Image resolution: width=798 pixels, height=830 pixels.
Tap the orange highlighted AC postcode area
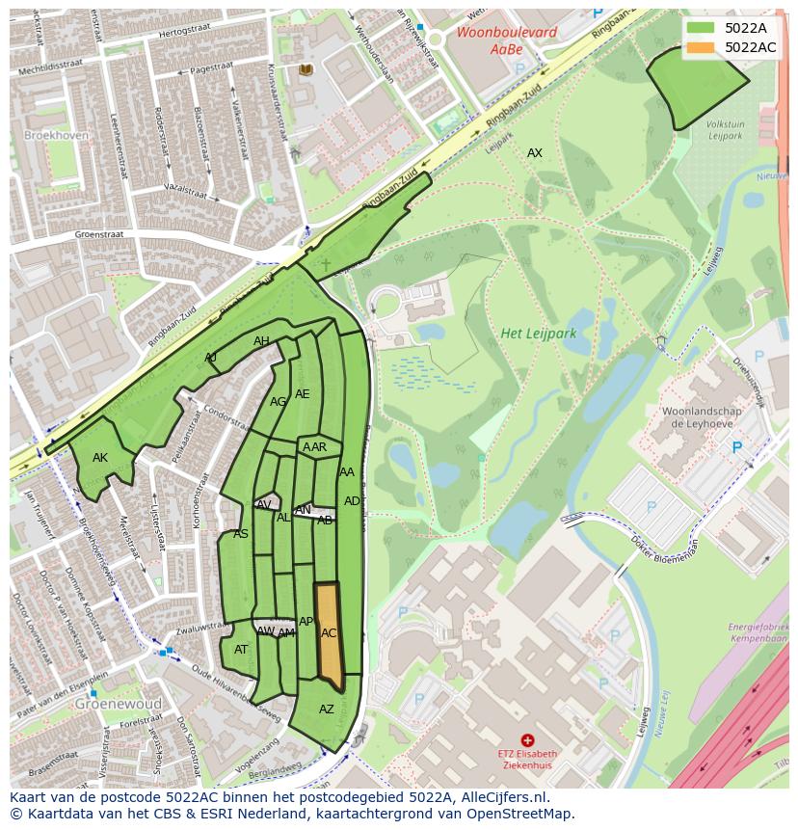tap(330, 635)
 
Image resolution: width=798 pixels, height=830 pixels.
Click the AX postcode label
tap(534, 153)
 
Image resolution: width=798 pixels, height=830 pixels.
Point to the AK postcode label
tap(100, 458)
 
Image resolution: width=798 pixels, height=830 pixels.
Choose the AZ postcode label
tap(327, 710)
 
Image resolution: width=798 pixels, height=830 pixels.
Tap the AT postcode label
tap(241, 650)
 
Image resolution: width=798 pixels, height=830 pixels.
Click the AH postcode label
tap(261, 341)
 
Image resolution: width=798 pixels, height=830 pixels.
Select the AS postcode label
tap(241, 534)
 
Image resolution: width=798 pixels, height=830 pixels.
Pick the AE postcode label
tap(303, 394)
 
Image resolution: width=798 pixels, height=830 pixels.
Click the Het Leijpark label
tap(538, 334)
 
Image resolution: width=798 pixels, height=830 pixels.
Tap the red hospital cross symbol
tap(527, 740)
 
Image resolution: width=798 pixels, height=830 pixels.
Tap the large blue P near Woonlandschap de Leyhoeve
tap(737, 447)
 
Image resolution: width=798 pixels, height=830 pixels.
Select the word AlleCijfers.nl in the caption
tap(499, 797)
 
